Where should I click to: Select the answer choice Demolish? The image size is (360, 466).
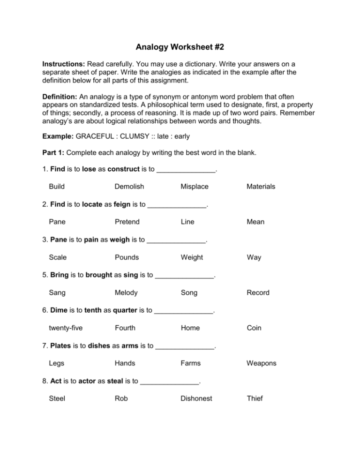pyautogui.click(x=129, y=187)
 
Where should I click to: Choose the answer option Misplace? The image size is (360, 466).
pyautogui.click(x=195, y=187)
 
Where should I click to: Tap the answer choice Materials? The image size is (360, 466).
pyautogui.click(x=259, y=187)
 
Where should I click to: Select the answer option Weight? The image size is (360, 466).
pyautogui.click(x=192, y=257)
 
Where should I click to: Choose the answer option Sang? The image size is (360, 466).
pyautogui.click(x=57, y=293)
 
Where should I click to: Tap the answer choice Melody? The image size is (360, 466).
pyautogui.click(x=126, y=293)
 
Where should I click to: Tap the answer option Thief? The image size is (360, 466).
pyautogui.click(x=253, y=398)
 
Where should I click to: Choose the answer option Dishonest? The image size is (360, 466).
pyautogui.click(x=196, y=398)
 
